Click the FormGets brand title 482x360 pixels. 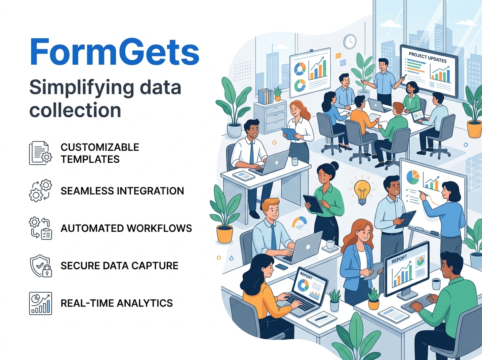click(x=114, y=52)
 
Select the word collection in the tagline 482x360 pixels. click(x=76, y=110)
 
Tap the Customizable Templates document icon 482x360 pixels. click(x=41, y=153)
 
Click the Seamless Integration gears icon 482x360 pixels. click(x=41, y=190)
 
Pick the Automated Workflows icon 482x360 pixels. click(x=41, y=228)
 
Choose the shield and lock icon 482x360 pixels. click(x=41, y=266)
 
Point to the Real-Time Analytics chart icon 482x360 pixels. click(x=41, y=303)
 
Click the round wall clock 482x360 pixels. click(x=350, y=41)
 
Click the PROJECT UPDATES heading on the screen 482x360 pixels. click(x=427, y=57)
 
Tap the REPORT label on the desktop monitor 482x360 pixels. click(x=399, y=259)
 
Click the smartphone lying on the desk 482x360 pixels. click(x=282, y=267)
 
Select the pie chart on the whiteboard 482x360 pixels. click(x=413, y=177)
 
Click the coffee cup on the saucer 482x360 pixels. click(x=330, y=245)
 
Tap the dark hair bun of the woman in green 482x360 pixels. click(x=335, y=165)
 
